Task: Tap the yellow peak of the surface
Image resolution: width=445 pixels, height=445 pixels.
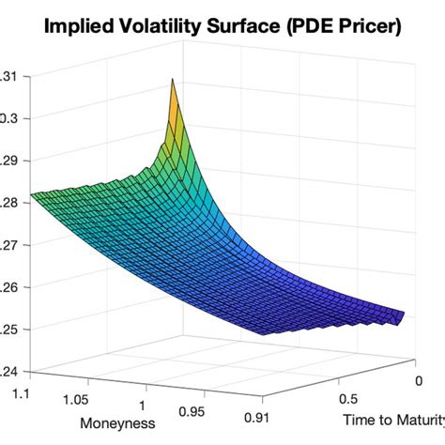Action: pos(173,90)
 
